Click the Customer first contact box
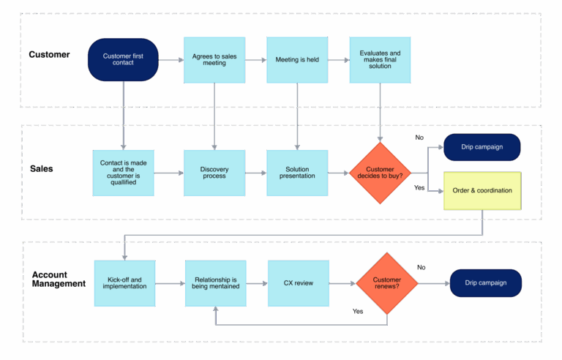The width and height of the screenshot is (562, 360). coord(123,59)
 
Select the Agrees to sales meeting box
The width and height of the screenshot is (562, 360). coord(214,59)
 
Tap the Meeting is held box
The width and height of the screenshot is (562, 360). coord(297,59)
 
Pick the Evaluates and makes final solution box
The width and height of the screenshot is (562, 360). coord(380,59)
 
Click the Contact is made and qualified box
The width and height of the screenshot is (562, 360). coord(124,173)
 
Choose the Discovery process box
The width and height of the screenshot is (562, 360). coord(214,173)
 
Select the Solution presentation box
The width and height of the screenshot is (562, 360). coord(297,173)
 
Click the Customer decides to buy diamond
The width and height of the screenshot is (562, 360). coord(381,173)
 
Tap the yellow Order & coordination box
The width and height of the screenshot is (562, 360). coord(482,191)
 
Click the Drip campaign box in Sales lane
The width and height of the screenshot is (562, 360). coord(482,147)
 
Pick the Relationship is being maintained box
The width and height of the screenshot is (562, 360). coord(215,282)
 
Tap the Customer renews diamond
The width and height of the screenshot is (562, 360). coord(387,282)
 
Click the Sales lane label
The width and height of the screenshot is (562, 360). coord(41,168)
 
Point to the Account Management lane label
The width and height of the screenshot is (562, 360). coord(59,279)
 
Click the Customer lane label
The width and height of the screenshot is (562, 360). coord(49,54)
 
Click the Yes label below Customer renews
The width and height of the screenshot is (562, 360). coord(358,311)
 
